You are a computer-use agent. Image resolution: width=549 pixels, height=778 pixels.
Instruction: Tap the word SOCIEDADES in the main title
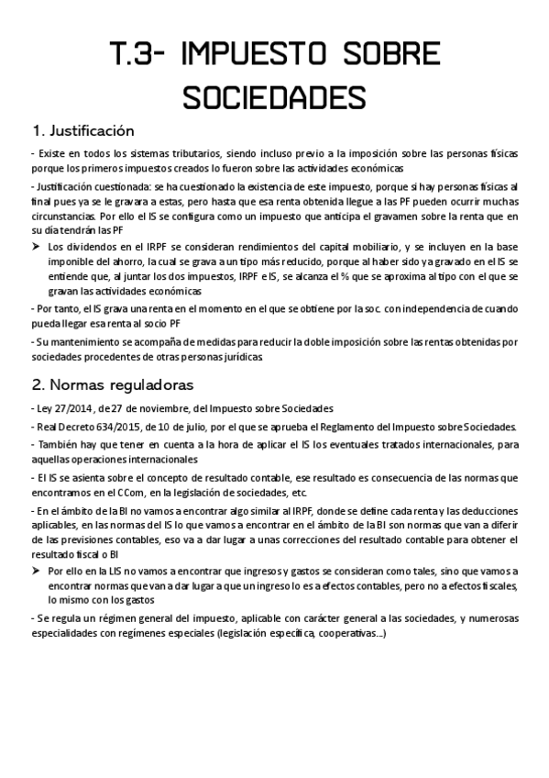(x=274, y=96)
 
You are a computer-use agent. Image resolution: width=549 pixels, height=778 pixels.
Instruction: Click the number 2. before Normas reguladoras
(x=38, y=383)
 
